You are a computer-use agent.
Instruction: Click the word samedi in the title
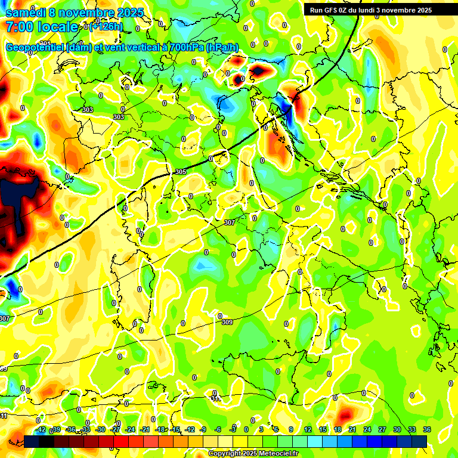click(25, 13)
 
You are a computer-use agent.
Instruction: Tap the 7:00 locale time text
click(42, 27)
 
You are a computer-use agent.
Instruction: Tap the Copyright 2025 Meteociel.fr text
click(253, 454)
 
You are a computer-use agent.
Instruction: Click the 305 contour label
click(181, 172)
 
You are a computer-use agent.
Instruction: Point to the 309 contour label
click(227, 323)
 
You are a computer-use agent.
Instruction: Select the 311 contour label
click(215, 397)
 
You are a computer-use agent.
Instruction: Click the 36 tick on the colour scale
click(426, 429)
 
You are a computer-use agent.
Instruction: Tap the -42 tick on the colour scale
click(41, 429)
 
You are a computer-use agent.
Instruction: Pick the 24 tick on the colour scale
click(367, 429)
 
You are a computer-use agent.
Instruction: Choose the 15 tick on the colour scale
click(322, 429)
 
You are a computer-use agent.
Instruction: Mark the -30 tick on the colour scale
click(100, 429)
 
